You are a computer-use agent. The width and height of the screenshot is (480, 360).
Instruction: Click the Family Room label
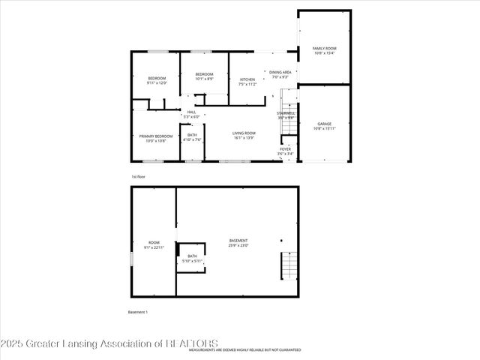point(324,50)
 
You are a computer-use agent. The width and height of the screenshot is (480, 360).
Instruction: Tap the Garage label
point(324,126)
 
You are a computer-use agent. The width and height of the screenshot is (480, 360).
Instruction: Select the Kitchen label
point(247,82)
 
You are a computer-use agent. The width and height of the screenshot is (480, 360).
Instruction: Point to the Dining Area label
point(281,74)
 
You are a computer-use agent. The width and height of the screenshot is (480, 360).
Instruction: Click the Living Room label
point(244,136)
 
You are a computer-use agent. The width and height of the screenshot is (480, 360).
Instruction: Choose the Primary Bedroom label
point(155,138)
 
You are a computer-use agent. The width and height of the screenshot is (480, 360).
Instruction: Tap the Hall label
point(191,114)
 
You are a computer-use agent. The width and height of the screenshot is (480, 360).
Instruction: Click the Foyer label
point(285,151)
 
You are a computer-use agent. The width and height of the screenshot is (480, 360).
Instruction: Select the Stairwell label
point(285,115)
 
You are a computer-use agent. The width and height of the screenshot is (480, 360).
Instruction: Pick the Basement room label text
point(238,243)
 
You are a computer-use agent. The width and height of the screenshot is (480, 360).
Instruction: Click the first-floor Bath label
point(192,137)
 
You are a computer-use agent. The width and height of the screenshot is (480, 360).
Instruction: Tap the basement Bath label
point(193,259)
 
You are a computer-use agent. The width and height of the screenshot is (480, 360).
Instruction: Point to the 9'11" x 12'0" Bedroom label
point(157,80)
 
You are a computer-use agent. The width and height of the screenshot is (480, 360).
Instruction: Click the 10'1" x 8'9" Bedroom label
point(204,76)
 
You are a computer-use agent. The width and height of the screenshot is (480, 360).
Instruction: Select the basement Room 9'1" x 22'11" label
point(154,245)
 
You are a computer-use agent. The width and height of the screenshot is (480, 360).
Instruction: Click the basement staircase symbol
point(289,265)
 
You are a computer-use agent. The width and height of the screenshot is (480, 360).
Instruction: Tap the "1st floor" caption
point(138,176)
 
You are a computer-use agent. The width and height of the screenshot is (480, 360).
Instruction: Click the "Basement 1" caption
point(138,311)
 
